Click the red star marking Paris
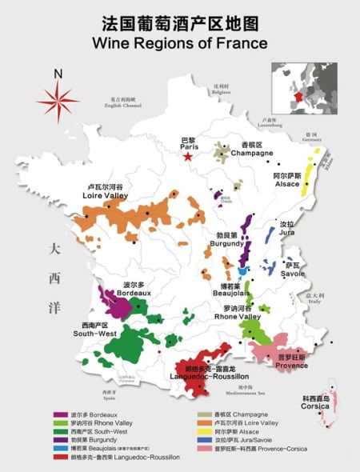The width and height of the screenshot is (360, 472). [188, 157]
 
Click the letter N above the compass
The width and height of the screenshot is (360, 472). [58, 75]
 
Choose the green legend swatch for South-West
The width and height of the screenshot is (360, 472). [60, 430]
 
